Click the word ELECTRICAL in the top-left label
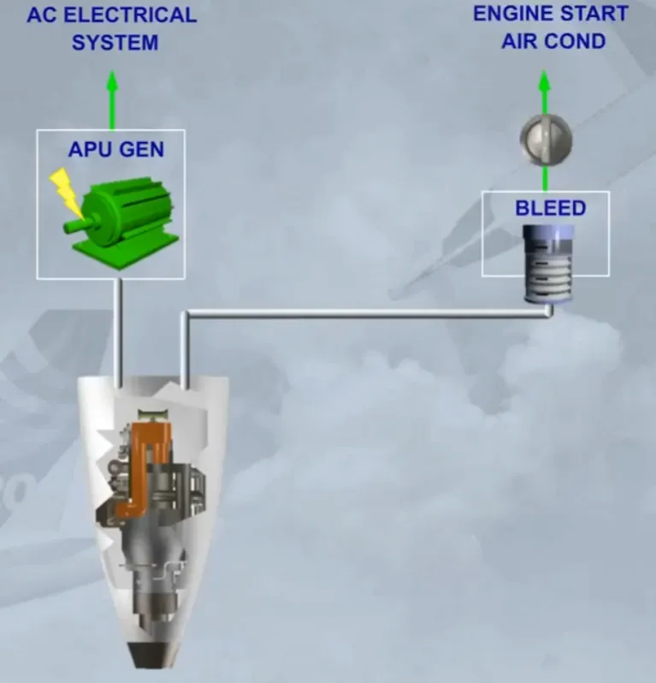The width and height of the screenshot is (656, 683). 130,15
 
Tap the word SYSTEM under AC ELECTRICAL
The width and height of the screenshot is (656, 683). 115,43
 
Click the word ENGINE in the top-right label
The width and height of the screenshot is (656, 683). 513,14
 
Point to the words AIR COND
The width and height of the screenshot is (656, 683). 553,41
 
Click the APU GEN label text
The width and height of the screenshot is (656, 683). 116,150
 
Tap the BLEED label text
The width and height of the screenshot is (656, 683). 550,208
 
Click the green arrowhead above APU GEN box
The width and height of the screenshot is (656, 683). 112,81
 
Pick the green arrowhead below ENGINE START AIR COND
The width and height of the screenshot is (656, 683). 544,81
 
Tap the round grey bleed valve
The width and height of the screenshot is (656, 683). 546,140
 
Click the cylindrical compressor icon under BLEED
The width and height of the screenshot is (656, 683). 548,264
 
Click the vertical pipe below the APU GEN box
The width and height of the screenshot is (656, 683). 118,333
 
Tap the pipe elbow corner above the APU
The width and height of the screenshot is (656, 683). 185,314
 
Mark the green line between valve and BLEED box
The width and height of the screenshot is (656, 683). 545,179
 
